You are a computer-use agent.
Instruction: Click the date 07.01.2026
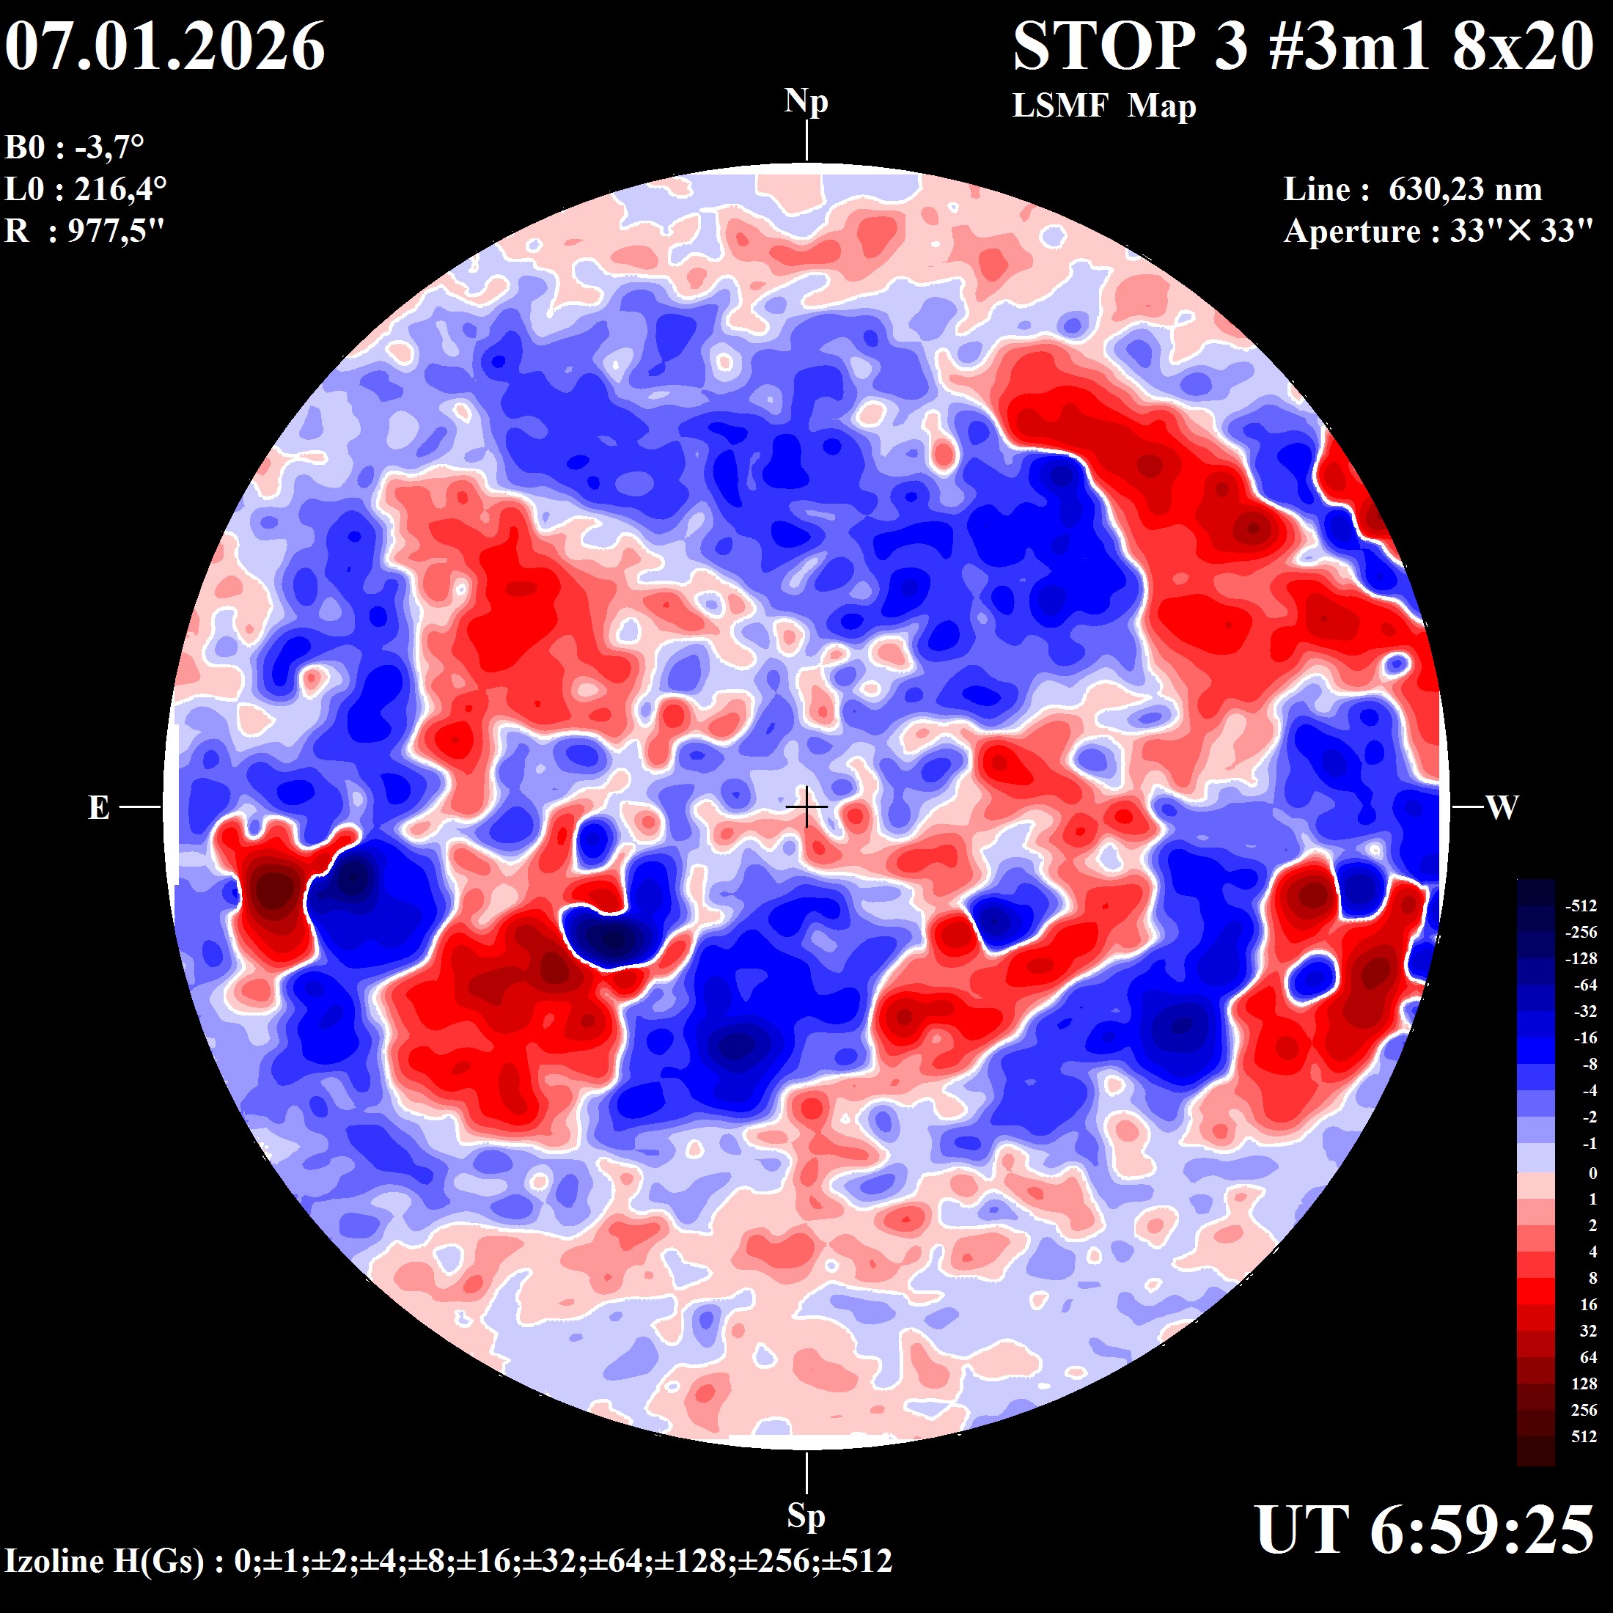[x=165, y=47]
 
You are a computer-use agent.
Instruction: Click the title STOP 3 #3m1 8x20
[x=1304, y=47]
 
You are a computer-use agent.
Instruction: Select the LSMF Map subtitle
[x=1103, y=106]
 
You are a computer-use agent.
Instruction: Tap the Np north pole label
[x=806, y=102]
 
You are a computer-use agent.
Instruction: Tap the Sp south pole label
[x=806, y=1516]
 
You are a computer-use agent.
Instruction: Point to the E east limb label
[x=98, y=807]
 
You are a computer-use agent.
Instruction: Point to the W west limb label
[x=1502, y=807]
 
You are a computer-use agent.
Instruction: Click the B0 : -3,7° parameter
[x=75, y=148]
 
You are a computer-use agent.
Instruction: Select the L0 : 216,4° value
[x=86, y=189]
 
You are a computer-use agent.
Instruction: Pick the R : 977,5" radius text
[x=84, y=230]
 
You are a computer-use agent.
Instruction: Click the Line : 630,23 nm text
[x=1413, y=189]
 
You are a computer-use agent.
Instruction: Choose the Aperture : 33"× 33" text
[x=1439, y=231]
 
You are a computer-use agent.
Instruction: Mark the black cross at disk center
[x=806, y=807]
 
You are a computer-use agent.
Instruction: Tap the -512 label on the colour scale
[x=1581, y=906]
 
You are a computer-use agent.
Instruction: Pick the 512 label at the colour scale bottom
[x=1584, y=1437]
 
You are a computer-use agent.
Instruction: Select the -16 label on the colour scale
[x=1584, y=1037]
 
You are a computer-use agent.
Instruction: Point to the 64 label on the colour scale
[x=1588, y=1358]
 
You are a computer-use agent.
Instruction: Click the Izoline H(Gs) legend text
[x=448, y=1560]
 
